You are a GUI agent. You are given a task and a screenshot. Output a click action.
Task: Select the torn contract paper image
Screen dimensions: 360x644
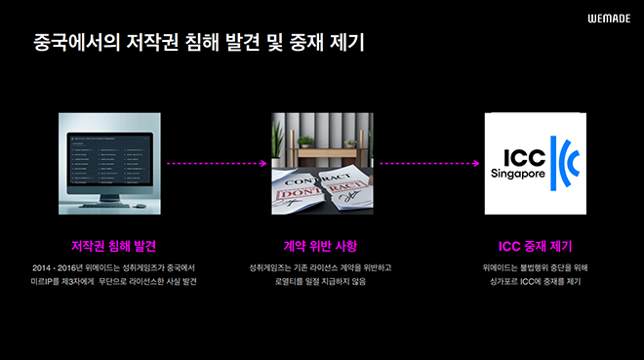322,163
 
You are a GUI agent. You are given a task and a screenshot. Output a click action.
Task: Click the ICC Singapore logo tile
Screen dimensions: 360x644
536,163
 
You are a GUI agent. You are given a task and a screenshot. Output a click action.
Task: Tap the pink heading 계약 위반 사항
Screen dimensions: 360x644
321,245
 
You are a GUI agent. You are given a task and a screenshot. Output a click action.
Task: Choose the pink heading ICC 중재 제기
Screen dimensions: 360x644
536,245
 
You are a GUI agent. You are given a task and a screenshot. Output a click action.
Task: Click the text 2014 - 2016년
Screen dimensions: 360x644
57,267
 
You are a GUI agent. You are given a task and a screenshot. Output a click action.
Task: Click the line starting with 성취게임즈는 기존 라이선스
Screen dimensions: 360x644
321,267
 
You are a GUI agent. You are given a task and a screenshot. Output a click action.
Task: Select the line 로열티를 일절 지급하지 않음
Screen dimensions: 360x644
321,282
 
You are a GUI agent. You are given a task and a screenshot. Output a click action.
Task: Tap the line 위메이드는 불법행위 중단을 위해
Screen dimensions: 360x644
536,267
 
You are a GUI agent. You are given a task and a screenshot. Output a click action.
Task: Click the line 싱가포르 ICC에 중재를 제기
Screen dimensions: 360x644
536,282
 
